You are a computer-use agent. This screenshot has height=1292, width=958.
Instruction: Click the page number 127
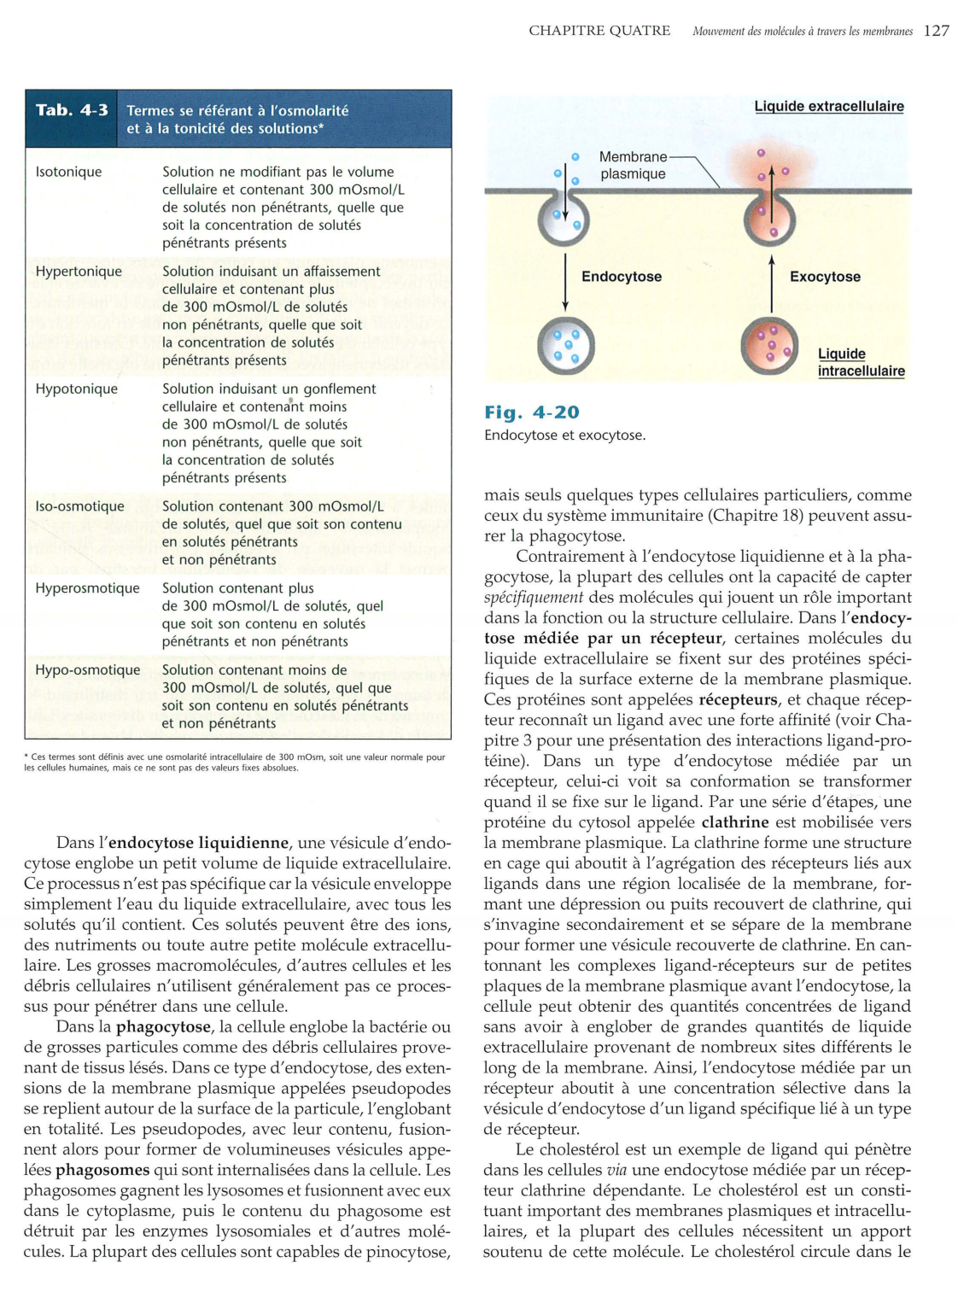(936, 31)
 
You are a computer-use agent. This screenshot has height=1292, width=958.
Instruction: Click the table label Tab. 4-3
(72, 110)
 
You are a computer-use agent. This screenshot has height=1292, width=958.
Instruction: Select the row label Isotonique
(68, 172)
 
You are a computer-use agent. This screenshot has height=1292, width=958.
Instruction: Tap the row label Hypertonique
(79, 272)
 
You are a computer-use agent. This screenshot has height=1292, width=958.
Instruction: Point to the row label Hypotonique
(77, 389)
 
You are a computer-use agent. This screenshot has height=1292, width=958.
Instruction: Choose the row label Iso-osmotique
(79, 506)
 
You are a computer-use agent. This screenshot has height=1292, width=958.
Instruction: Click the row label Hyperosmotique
(87, 588)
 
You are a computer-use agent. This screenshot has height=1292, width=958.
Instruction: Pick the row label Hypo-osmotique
(87, 670)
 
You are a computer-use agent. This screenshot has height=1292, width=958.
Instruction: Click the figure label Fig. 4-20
(531, 412)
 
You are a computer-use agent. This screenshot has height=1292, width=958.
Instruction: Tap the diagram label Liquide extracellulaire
(828, 107)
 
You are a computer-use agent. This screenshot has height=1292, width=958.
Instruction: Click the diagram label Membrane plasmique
(633, 166)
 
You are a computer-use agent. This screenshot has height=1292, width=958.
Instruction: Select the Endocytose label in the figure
(621, 277)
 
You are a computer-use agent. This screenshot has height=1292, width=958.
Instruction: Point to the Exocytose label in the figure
(825, 277)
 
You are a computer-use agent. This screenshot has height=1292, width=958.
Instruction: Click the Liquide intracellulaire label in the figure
(861, 363)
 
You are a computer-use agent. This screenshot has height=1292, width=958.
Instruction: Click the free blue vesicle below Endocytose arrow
(565, 346)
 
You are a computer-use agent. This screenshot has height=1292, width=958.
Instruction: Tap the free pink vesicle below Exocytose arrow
(769, 346)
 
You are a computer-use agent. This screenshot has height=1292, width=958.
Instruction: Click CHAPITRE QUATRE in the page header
(599, 31)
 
